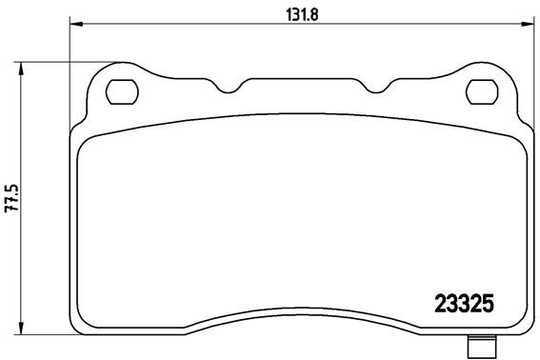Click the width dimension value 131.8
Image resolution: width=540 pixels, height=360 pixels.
pos(299,12)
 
